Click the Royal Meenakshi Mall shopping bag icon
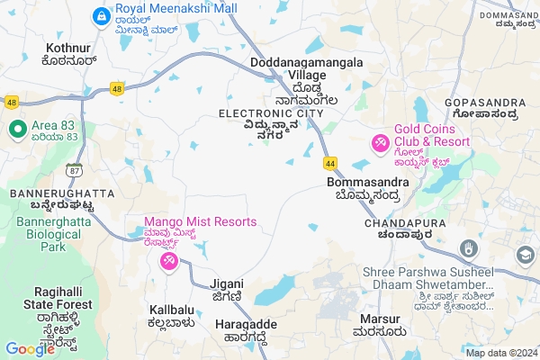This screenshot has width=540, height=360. click(102, 16)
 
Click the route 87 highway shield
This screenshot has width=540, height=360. click(72, 169)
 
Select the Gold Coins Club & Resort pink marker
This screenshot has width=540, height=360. click(381, 143)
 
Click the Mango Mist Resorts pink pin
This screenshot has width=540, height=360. click(168, 261)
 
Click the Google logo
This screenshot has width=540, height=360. click(29, 348)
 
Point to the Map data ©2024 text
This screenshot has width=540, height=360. click(500, 353)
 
